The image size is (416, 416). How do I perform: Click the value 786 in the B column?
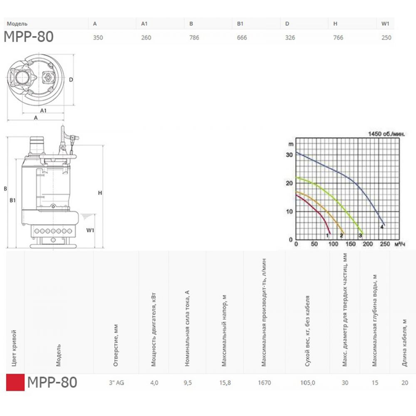click(x=194, y=38)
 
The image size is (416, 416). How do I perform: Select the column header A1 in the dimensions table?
click(x=144, y=24)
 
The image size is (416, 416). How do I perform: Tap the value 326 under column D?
click(x=290, y=38)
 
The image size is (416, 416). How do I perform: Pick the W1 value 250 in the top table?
click(x=386, y=38)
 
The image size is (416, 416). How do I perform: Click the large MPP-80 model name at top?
click(x=29, y=37)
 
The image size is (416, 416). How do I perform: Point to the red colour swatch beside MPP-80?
click(x=15, y=382)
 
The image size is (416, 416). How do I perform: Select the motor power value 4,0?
click(x=154, y=383)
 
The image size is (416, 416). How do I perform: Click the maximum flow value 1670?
click(x=265, y=383)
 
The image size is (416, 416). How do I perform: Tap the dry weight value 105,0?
click(x=307, y=383)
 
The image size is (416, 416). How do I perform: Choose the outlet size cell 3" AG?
click(x=116, y=383)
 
